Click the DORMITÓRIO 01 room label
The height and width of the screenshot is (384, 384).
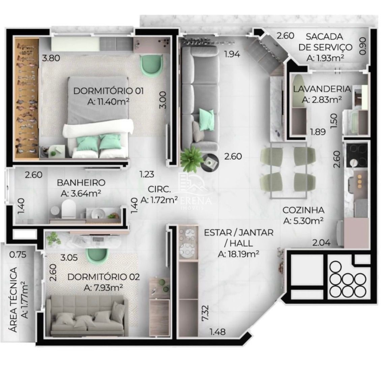(109, 91)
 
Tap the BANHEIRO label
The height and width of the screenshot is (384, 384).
(81, 183)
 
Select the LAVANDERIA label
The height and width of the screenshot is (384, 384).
(322, 89)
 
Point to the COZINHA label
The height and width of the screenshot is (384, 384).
(303, 210)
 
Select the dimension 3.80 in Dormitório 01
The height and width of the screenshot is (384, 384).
(51, 58)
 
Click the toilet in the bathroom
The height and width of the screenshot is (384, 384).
(69, 208)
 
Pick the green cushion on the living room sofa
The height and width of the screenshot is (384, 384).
(205, 116)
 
